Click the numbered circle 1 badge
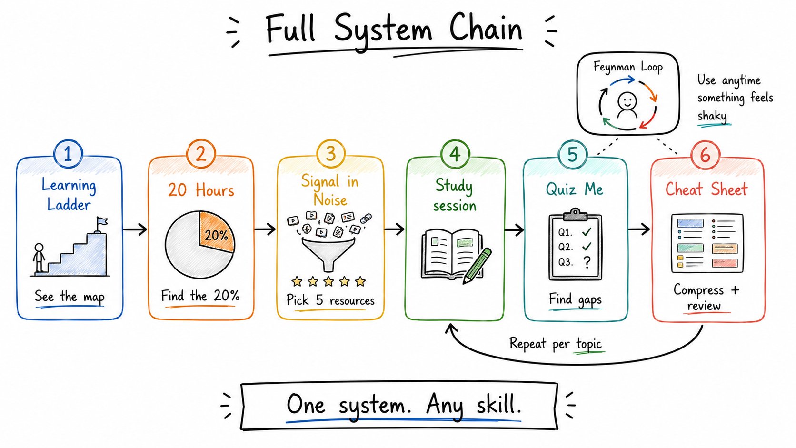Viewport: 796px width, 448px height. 68,154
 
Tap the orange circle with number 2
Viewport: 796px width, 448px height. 201,154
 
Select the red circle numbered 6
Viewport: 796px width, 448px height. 706,155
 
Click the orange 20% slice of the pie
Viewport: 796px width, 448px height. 216,231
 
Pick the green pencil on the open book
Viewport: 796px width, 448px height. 478,266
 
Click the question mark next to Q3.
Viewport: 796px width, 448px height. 587,262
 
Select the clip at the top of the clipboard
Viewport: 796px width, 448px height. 575,214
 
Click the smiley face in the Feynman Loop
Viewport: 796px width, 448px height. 627,101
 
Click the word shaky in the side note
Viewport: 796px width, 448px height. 712,116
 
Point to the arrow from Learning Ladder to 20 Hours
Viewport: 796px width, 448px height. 135,229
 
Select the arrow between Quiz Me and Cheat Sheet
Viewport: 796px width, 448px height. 639,229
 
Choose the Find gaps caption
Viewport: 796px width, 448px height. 575,299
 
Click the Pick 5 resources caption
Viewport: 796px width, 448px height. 330,300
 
